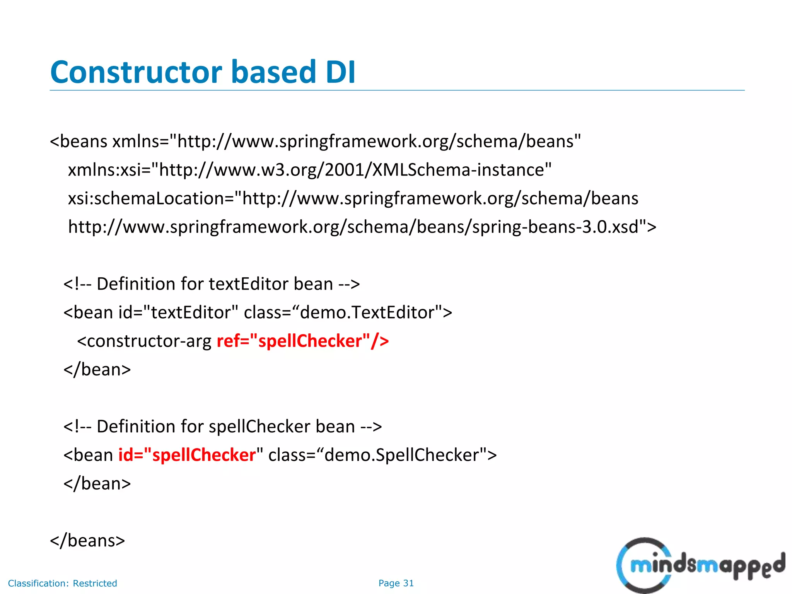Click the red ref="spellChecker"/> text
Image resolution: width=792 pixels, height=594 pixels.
302,341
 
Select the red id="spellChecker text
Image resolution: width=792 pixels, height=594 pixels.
187,455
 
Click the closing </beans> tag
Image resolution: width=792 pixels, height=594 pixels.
87,540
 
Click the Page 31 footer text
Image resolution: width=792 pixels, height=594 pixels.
396,583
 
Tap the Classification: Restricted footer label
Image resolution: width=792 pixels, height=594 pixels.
62,583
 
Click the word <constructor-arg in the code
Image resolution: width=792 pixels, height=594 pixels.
144,341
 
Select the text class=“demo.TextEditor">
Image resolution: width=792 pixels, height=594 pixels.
348,312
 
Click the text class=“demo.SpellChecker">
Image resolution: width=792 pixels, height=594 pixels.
382,455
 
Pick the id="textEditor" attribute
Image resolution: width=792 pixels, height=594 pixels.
178,312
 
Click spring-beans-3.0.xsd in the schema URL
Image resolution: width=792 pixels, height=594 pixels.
555,227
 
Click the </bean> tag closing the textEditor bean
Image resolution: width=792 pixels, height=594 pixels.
97,370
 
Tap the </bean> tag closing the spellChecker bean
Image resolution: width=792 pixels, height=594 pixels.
97,484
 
